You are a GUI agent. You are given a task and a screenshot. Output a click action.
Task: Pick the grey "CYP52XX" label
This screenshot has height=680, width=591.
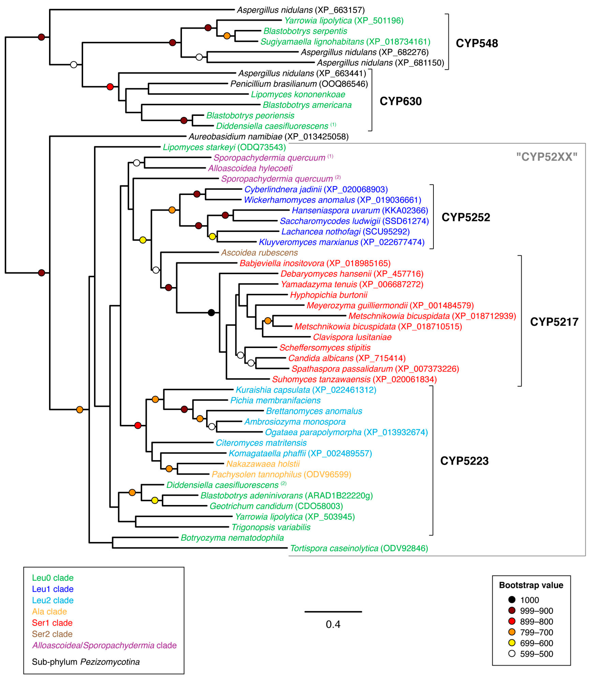547,157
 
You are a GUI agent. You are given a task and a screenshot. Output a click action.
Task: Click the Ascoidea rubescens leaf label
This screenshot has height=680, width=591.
259,253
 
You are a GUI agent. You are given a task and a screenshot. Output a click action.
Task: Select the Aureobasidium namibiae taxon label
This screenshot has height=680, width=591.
268,137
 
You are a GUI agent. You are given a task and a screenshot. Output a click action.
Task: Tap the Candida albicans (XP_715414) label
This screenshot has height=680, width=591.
347,358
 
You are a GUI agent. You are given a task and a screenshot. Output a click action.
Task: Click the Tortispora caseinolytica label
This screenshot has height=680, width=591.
359,548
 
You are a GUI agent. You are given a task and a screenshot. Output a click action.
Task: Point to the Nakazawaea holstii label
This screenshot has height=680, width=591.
263,464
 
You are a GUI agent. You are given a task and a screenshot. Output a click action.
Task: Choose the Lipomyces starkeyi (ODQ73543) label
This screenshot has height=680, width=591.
224,147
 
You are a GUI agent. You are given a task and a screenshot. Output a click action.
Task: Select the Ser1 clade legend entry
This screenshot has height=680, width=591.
52,623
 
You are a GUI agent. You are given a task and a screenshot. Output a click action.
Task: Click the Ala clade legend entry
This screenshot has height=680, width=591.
49,611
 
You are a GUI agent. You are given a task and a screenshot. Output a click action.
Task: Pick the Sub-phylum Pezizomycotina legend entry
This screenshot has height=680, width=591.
86,662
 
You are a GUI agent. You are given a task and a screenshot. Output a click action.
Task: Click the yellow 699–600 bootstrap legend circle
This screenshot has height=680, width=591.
512,643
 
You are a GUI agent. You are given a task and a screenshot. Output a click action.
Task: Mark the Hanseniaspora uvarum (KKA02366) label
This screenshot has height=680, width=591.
360,210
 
